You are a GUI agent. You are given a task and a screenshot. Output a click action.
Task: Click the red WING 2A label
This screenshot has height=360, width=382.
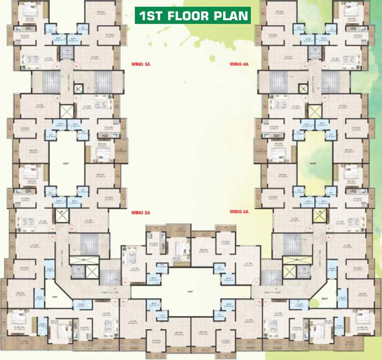pos(141,212)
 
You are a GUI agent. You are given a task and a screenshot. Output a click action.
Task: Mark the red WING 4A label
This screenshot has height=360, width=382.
pos(239,63)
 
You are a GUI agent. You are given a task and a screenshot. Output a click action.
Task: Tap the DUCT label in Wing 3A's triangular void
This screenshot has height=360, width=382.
pos(325,297)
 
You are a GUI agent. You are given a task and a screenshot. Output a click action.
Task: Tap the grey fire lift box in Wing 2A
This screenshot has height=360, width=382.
pos(77,270)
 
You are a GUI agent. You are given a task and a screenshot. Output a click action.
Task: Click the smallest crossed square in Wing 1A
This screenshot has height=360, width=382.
pos(78,88)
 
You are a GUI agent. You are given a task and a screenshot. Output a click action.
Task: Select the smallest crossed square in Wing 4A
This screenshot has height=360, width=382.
pos(303,88)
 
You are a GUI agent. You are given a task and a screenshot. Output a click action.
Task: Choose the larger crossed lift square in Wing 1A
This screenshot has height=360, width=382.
pos(67,111)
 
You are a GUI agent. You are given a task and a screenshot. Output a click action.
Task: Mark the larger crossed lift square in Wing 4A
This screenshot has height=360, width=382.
pos(314,111)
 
